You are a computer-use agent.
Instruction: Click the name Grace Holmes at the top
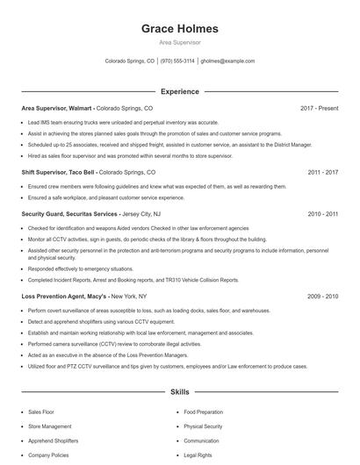(179, 29)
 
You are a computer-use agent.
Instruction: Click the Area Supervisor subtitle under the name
(179, 42)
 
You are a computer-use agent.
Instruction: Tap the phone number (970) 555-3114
(177, 61)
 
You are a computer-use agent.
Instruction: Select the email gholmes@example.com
(227, 61)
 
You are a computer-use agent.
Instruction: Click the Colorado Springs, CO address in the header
(130, 61)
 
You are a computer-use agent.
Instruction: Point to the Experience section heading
(179, 91)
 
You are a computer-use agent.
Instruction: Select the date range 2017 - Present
(319, 109)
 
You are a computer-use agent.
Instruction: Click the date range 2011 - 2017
(323, 173)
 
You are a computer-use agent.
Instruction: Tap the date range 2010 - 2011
(323, 213)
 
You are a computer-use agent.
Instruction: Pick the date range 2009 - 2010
(323, 297)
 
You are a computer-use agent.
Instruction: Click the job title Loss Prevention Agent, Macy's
(63, 297)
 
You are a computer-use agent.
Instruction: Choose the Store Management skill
(50, 426)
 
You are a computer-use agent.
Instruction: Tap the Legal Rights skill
(198, 456)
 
